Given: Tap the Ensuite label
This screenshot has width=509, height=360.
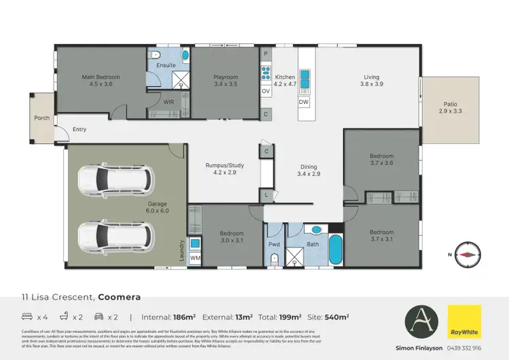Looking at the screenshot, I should (x=166, y=65).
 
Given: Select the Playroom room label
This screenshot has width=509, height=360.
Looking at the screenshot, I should (x=226, y=77).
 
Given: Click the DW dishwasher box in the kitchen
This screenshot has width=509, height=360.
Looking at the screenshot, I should (x=303, y=102).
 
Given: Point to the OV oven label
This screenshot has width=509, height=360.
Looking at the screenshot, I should (x=266, y=90).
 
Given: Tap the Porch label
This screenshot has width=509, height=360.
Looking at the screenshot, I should (x=42, y=118).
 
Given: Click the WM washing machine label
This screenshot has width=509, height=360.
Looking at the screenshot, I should (x=194, y=259).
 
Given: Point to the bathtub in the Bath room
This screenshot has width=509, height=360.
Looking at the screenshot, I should (x=335, y=250).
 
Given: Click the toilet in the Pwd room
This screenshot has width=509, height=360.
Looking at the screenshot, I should (x=275, y=257).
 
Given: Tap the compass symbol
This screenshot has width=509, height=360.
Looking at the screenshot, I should (x=468, y=253).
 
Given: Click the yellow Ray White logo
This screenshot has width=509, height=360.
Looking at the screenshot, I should (x=464, y=321).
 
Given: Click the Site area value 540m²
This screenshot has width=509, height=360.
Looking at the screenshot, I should (x=337, y=317).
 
